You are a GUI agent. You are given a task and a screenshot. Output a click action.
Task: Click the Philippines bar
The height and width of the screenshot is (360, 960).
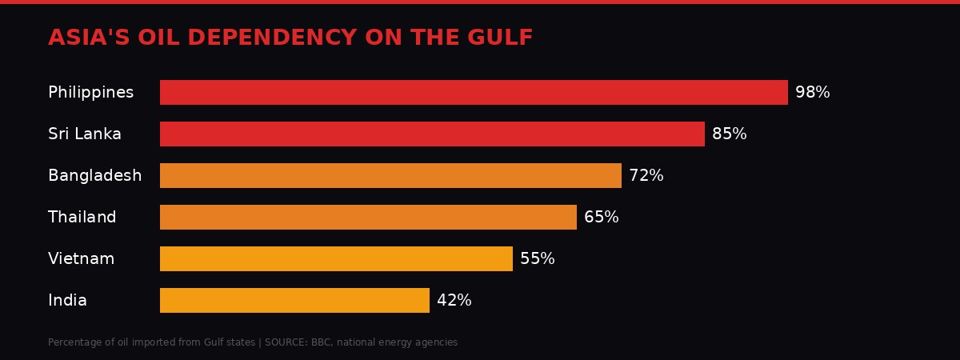[474, 92]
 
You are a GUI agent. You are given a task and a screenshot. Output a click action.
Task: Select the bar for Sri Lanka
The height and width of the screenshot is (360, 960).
[432, 134]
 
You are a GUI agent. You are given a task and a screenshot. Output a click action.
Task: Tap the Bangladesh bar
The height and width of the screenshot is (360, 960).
[390, 175]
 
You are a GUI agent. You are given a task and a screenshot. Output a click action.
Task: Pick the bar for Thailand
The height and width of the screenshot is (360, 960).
[368, 217]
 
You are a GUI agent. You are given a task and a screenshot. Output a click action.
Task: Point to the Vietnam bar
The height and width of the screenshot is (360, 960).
[336, 258]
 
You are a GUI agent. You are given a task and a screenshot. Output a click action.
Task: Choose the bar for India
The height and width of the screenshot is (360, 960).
[294, 300]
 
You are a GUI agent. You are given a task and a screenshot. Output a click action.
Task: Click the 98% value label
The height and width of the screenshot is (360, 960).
[812, 93]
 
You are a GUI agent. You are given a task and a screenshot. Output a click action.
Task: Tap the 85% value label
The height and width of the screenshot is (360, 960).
[729, 134]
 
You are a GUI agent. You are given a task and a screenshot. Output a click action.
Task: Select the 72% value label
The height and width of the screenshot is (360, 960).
[646, 176]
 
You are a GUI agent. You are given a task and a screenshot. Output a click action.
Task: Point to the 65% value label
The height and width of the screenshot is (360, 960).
[601, 218]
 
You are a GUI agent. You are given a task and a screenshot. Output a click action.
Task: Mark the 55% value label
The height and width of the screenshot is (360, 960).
[537, 259]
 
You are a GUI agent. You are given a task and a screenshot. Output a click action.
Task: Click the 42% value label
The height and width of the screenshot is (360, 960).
[454, 301]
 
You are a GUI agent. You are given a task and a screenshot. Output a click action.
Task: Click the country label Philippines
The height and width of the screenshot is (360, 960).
[90, 93]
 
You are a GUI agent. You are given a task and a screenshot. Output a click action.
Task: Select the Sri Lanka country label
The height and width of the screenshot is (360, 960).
[85, 134]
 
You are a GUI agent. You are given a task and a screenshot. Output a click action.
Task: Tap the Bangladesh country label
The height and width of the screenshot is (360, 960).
[94, 176]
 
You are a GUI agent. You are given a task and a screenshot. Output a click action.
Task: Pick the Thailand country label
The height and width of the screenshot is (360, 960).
[82, 218]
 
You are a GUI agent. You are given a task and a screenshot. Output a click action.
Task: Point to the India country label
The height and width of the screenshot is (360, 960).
[67, 301]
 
